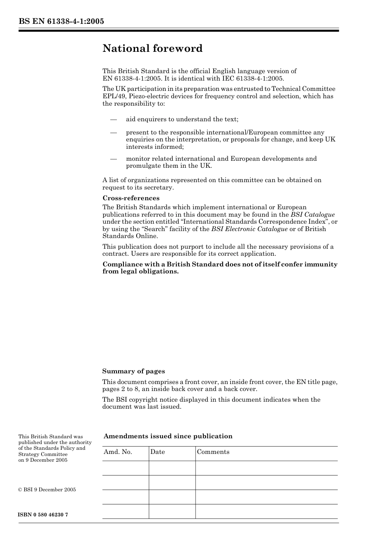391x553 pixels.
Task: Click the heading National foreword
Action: click(152, 49)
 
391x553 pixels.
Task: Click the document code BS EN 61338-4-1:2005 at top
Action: click(61, 21)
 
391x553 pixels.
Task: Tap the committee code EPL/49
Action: click(112, 96)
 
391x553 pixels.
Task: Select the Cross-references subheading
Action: click(131, 198)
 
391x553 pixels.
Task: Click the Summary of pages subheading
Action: click(133, 371)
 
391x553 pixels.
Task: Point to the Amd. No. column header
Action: click(118, 452)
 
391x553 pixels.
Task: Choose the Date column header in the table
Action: click(157, 452)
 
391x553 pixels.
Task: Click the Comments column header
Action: click(213, 452)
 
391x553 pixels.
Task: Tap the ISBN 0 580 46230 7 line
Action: click(43, 515)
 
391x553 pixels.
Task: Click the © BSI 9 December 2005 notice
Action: click(47, 490)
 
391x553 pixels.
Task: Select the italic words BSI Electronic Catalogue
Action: click(249, 229)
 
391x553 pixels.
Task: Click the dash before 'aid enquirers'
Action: click(114, 120)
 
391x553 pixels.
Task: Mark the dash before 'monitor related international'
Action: click(114, 159)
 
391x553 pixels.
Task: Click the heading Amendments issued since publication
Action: click(168, 436)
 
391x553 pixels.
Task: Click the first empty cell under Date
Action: click(172, 468)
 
